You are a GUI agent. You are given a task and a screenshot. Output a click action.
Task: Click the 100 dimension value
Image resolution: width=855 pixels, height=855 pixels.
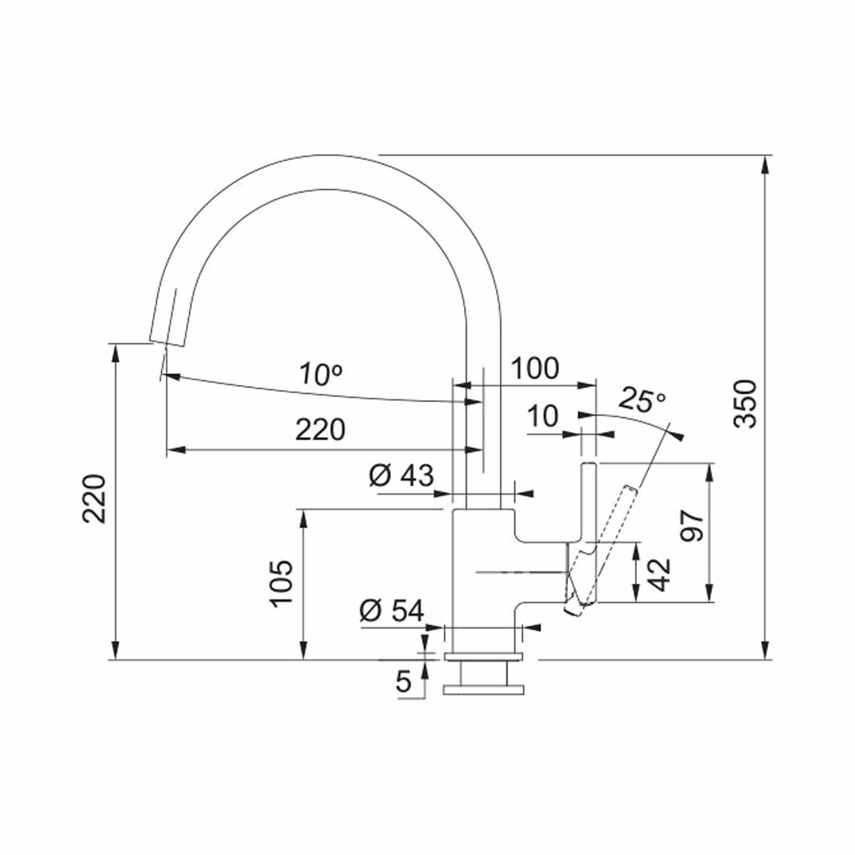click(535, 368)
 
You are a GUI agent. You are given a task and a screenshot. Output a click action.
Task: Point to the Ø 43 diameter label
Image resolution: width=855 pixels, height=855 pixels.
click(401, 475)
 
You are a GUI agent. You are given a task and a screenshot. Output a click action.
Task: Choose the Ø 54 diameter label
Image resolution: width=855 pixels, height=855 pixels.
click(392, 610)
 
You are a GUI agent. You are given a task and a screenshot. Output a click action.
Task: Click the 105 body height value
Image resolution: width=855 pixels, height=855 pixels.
click(282, 583)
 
